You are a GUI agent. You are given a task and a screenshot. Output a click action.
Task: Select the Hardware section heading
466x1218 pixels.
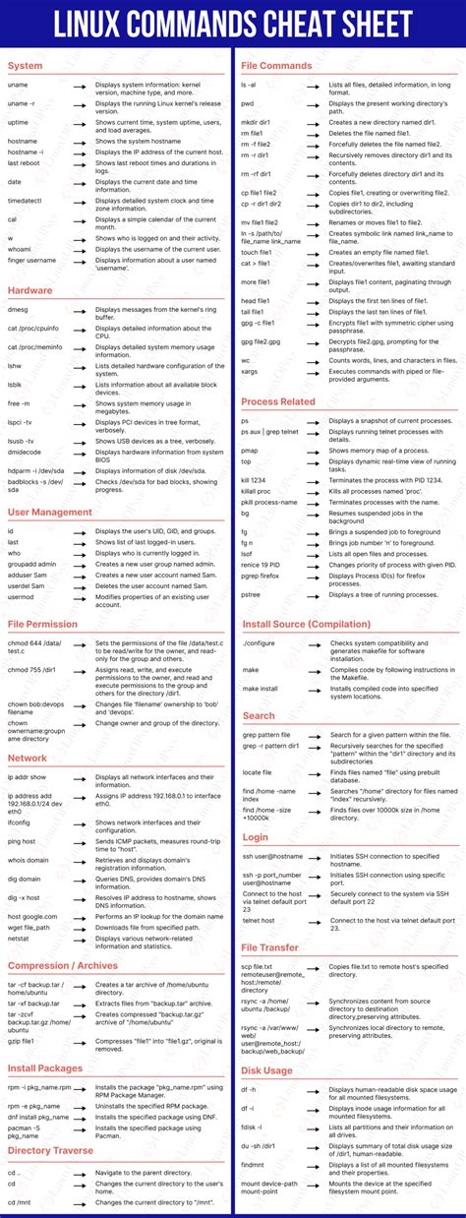click(x=30, y=290)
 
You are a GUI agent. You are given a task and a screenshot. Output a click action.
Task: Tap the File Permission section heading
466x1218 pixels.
click(x=43, y=625)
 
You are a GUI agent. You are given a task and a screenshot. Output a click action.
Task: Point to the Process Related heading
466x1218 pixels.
click(x=278, y=401)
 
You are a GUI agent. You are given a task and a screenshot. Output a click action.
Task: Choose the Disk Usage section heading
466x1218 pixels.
click(x=266, y=1070)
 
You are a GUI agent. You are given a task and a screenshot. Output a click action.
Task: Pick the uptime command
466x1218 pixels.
click(x=18, y=122)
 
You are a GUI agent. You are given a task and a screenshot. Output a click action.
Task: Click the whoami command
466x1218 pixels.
click(x=20, y=249)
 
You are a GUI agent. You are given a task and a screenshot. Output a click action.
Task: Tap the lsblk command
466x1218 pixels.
click(x=15, y=385)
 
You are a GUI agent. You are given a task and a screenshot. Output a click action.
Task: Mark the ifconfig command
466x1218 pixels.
click(x=20, y=822)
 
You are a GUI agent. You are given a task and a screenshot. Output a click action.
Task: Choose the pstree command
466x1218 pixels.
click(x=252, y=594)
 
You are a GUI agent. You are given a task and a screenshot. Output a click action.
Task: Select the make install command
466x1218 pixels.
click(x=261, y=689)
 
